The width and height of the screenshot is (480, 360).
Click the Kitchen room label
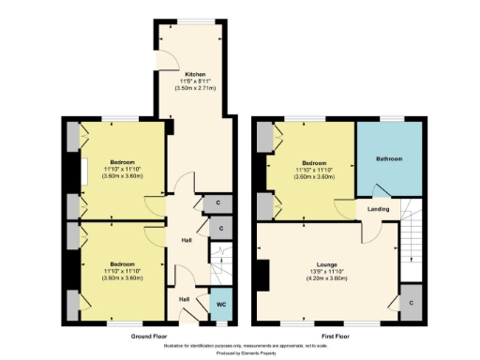pos(195,73)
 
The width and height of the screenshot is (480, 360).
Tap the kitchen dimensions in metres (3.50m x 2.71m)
pos(195,88)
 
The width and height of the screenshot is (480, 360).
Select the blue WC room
pos(220,306)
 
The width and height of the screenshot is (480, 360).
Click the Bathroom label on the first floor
pos(389,159)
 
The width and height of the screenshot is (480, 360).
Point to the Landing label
pos(379,208)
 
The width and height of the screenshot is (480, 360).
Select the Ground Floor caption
pos(149,336)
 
